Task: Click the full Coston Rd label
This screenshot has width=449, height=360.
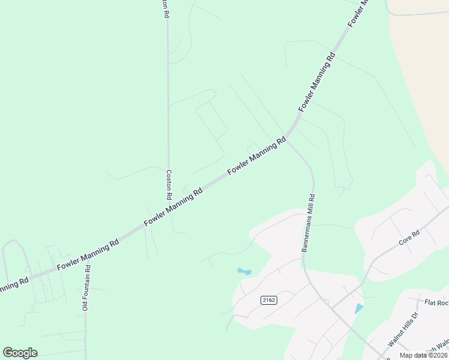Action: click(169, 184)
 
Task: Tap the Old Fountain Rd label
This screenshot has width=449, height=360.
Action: click(86, 288)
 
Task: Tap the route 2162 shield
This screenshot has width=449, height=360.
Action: click(269, 300)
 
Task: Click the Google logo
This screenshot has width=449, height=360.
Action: click(20, 353)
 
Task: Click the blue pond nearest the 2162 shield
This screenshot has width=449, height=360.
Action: click(244, 272)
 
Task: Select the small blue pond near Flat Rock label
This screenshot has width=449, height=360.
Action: click(359, 308)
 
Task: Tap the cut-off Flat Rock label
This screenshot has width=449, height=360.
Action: click(436, 303)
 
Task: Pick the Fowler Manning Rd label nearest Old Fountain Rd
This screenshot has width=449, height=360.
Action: click(88, 253)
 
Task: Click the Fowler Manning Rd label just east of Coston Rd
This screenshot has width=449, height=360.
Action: click(174, 205)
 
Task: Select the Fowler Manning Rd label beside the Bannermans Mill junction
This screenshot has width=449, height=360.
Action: click(256, 157)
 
